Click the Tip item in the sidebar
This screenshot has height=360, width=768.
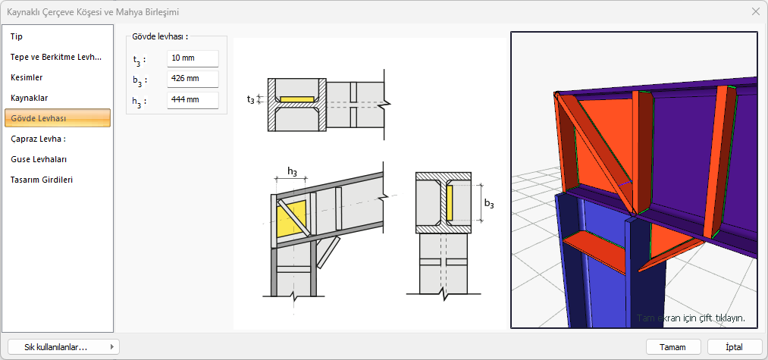pos(17,36)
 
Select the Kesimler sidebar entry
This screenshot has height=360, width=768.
pos(27,77)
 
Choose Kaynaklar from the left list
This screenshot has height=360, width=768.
pos(30,98)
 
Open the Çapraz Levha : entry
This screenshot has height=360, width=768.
pos(39,139)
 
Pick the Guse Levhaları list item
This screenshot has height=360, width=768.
pos(39,159)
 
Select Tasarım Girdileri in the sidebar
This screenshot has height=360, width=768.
pos(42,180)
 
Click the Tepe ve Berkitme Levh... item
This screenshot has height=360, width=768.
pos(55,57)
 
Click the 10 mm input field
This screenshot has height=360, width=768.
pos(193,58)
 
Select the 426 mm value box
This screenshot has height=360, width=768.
pos(193,80)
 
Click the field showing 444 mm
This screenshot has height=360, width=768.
pos(193,101)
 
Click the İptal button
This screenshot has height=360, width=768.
pos(734,346)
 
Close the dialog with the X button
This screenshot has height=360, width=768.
pos(755,11)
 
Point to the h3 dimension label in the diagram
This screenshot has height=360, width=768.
pos(292,171)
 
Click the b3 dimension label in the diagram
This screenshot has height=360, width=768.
pos(489,204)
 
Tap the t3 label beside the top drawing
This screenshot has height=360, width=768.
pos(251,99)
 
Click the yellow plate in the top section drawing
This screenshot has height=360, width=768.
pos(296,99)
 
